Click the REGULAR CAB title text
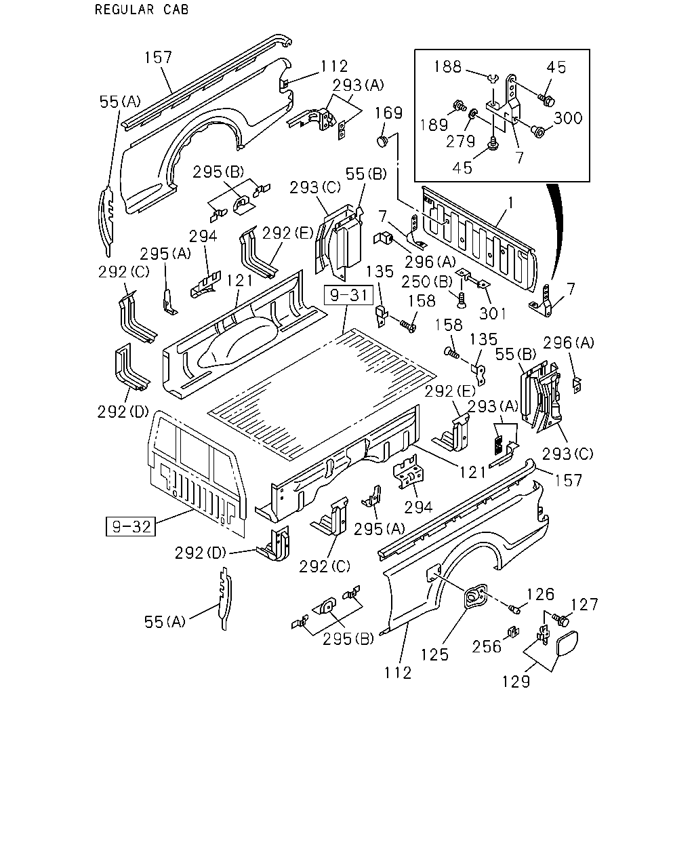pos(142,9)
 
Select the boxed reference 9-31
pos(348,295)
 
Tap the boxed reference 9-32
pos(131,526)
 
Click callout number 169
pos(389,113)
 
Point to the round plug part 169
pos(382,141)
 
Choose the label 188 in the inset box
pos(447,67)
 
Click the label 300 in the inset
pos(568,118)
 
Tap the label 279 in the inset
pos(460,141)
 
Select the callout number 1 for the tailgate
pos(510,203)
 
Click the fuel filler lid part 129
pos(567,644)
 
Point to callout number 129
pos(516,682)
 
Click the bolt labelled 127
pos(560,620)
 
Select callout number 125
pos(434,654)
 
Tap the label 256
pos(487,647)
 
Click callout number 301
pos(493,313)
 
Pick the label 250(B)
pos(427,281)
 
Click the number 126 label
pos(541,594)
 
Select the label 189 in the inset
pos(434,125)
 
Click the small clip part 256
pos(512,631)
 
